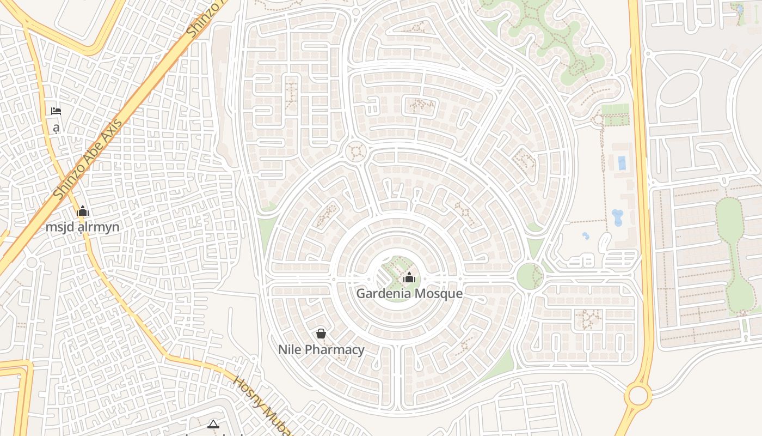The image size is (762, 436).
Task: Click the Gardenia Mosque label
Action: [409, 293]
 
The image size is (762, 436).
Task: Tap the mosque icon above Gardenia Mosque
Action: [409, 277]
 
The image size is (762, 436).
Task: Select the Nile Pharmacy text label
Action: [321, 349]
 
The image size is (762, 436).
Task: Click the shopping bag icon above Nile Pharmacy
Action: [321, 334]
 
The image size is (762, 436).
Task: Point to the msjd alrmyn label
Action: [82, 227]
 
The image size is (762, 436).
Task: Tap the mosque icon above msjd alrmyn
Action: [83, 211]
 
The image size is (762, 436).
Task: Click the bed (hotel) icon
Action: [56, 111]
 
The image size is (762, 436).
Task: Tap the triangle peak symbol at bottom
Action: [213, 424]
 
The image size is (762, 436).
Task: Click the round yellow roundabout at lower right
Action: [637, 395]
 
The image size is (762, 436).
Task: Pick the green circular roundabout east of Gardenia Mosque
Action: [529, 276]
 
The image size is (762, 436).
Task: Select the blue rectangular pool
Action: [622, 163]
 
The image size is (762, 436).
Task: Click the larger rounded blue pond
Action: [618, 217]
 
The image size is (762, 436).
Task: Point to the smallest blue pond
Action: [586, 236]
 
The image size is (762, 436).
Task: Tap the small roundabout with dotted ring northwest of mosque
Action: [356, 151]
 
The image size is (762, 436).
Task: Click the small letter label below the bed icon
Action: [56, 128]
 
